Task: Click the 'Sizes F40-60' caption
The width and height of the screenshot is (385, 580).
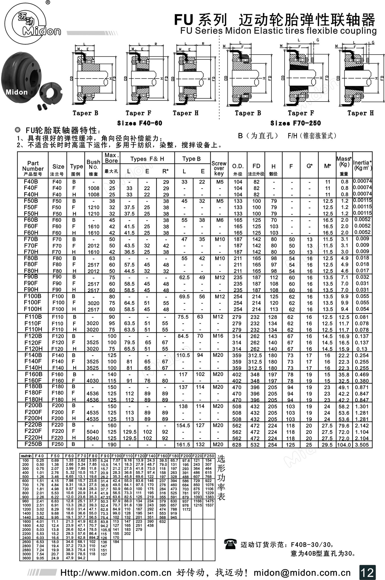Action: coord(140,123)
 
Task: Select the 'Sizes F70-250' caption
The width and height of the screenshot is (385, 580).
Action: coord(296,123)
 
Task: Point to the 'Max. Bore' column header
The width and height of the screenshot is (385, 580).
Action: coord(111,158)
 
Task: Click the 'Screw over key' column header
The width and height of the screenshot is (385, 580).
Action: coord(219,168)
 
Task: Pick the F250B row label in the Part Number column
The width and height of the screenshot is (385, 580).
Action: coord(33,444)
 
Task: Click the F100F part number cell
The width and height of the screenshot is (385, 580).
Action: coord(33,302)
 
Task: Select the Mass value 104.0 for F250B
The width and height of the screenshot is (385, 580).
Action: coord(344,445)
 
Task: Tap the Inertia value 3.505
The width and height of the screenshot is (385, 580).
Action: coord(362,445)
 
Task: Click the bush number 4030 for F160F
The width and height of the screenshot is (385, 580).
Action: coord(93,381)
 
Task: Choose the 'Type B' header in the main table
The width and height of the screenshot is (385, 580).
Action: coord(191,159)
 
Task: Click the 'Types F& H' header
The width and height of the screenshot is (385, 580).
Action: coord(147,159)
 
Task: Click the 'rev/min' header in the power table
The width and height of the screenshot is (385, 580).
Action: coord(26,456)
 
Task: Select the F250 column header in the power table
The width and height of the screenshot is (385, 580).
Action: coord(209,456)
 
